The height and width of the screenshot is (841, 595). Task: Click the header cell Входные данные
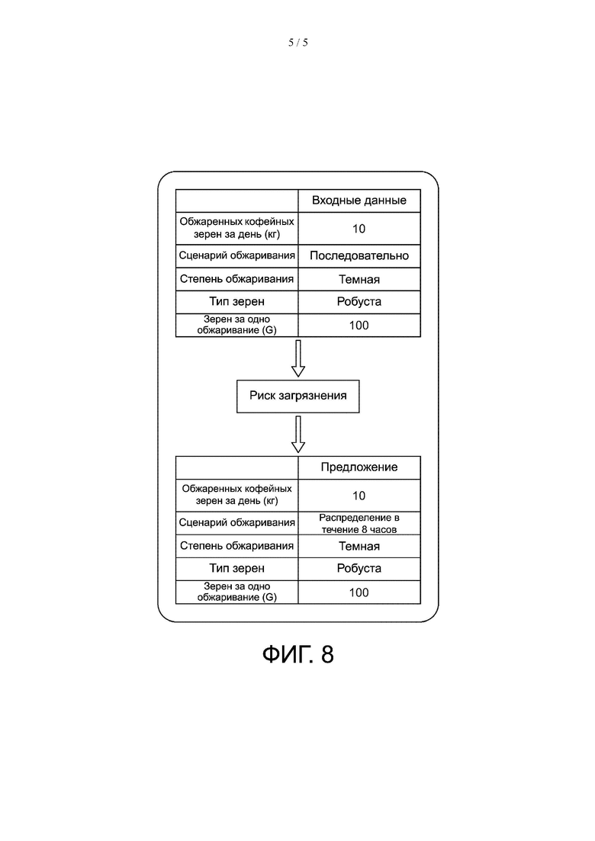click(x=359, y=201)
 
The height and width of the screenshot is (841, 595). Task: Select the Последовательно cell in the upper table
click(x=359, y=256)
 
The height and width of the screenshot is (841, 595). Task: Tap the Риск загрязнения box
click(x=297, y=396)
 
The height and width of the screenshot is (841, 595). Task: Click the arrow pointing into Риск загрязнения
click(x=298, y=358)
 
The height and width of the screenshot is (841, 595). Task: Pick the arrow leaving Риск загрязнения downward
click(x=298, y=434)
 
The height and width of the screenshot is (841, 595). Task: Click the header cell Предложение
click(x=359, y=467)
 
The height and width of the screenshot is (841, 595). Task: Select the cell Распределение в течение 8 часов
click(x=359, y=523)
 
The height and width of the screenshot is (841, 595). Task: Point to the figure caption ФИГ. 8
click(x=297, y=654)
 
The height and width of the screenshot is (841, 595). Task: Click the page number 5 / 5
click(x=297, y=43)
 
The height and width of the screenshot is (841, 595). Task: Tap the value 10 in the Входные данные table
click(x=359, y=229)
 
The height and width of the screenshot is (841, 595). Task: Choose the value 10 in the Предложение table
click(x=359, y=496)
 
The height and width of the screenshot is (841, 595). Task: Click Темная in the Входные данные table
click(x=359, y=279)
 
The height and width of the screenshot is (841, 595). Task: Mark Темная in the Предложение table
click(x=359, y=546)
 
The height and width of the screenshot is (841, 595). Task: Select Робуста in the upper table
click(x=359, y=302)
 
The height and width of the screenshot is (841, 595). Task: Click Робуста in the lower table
click(x=359, y=569)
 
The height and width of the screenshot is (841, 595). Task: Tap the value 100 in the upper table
click(x=359, y=326)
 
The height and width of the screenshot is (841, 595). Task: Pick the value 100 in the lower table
click(x=359, y=592)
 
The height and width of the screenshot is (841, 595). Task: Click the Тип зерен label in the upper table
click(x=236, y=302)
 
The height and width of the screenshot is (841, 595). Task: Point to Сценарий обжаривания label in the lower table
click(x=236, y=523)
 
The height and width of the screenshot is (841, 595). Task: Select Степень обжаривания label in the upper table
click(x=236, y=279)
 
